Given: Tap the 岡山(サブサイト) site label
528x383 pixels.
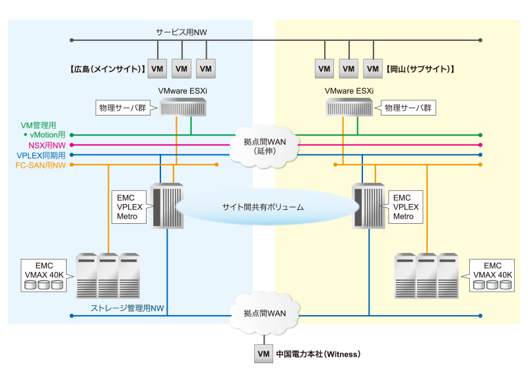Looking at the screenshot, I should coord(421,68).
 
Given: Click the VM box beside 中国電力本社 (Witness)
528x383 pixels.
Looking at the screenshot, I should coord(263,354).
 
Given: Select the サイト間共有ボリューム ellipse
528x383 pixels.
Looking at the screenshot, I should coord(263,207).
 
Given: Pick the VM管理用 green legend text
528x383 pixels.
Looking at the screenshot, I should coord(39,124).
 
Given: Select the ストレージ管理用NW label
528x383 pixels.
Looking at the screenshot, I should coord(127,308).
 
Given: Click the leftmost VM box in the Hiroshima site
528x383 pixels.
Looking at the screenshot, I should coord(157,68).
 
